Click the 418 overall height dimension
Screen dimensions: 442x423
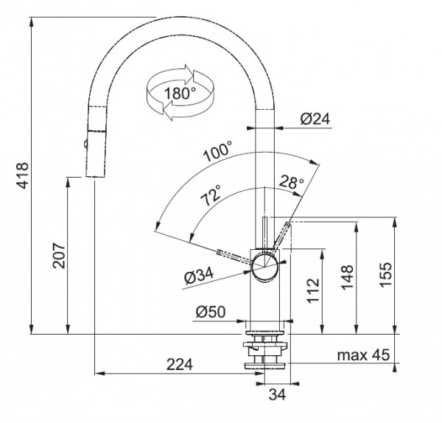click(23, 175)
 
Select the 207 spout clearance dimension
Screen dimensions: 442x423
click(60, 255)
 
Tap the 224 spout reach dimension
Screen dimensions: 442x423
click(180, 364)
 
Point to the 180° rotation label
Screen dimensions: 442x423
click(180, 93)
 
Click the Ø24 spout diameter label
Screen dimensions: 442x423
click(315, 119)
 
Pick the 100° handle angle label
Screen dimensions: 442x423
click(218, 151)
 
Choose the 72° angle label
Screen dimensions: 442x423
click(211, 195)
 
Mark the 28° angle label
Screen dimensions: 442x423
click(292, 182)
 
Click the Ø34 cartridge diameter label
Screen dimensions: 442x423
click(199, 275)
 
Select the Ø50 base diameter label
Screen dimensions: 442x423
click(211, 312)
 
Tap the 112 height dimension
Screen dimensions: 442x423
click(314, 291)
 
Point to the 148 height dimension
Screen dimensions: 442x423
click(347, 278)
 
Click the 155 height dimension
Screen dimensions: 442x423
click(386, 275)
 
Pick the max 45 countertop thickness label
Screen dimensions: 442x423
click(363, 354)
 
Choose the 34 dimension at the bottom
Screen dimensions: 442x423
click(278, 394)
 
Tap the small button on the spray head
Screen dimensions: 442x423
click(85, 144)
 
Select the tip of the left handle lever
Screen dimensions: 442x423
click(218, 252)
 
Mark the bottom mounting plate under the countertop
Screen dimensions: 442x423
click(265, 366)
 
